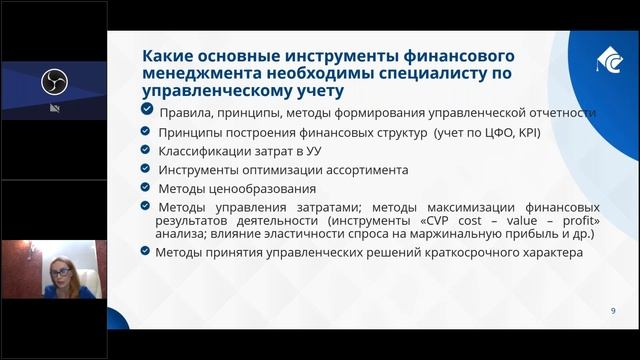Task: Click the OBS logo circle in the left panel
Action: tap(53, 81)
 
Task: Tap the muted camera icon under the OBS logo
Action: tap(53, 108)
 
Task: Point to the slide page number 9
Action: tap(612, 312)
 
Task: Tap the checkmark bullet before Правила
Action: tap(148, 112)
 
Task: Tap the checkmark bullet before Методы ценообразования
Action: tap(148, 187)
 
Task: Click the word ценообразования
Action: tap(264, 188)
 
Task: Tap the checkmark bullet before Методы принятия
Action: tap(148, 252)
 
